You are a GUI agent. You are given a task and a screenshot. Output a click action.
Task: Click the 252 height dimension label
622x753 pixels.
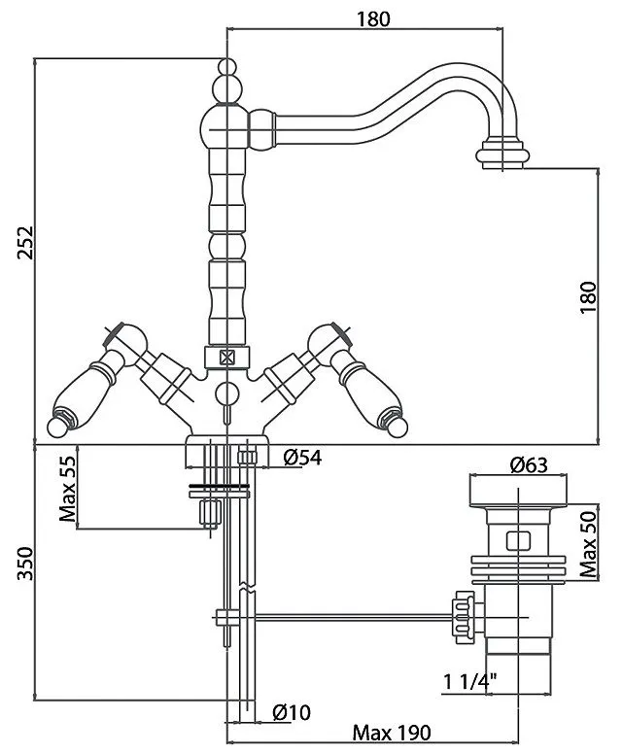click(25, 242)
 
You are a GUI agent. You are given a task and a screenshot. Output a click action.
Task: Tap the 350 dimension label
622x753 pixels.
click(25, 563)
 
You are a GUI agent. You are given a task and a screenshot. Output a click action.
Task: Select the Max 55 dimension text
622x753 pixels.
click(68, 489)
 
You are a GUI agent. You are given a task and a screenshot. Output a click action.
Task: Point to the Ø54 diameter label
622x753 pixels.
click(302, 458)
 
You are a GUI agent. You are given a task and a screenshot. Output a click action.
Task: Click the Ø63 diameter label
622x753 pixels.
click(529, 464)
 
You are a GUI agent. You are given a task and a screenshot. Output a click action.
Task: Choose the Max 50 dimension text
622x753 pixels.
click(588, 544)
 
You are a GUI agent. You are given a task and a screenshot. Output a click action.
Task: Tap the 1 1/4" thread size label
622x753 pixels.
click(469, 681)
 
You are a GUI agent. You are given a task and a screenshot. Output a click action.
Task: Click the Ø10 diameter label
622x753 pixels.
click(292, 711)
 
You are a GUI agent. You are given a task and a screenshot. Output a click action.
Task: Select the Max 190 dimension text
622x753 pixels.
click(392, 733)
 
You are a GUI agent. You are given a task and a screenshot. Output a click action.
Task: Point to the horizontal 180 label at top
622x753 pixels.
click(373, 18)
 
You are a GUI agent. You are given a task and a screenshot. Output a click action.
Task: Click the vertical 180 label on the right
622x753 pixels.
click(588, 297)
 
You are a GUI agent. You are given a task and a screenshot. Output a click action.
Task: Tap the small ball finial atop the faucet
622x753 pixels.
click(227, 67)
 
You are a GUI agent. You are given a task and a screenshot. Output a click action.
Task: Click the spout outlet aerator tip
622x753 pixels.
click(502, 154)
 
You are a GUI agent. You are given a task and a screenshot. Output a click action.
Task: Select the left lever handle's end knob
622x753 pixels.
click(57, 427)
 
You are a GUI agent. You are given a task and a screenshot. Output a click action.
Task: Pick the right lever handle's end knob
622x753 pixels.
click(397, 427)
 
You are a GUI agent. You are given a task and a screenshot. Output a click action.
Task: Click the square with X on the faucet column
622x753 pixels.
click(226, 358)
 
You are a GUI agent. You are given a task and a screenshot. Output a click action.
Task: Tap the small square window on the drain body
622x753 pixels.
click(518, 540)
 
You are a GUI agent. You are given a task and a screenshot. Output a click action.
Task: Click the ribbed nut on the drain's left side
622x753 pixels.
click(463, 618)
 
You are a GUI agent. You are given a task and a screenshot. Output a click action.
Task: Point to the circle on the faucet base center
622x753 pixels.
click(227, 394)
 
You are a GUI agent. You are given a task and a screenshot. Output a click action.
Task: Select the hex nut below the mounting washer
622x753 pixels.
click(210, 512)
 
